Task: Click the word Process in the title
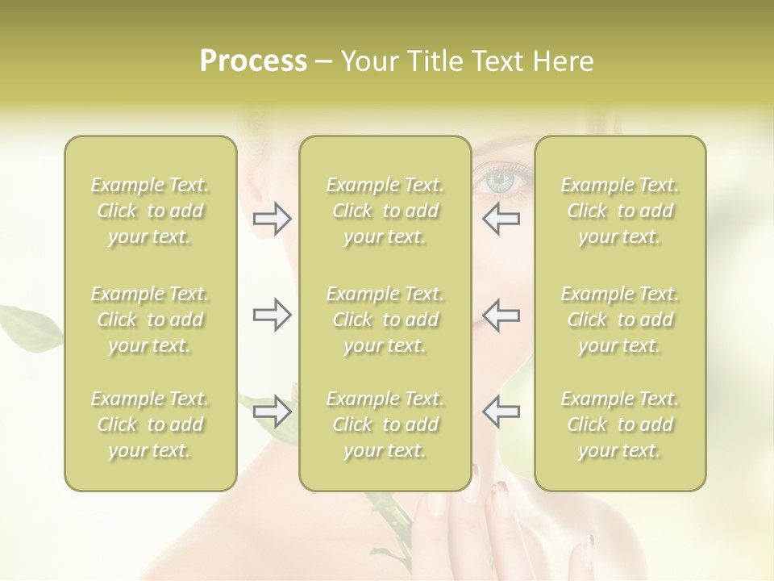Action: tap(253, 61)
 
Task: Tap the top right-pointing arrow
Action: tap(273, 218)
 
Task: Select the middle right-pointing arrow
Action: tap(273, 315)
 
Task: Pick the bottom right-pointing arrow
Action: tap(273, 412)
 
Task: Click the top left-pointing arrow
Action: tap(501, 218)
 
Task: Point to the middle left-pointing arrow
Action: tap(501, 315)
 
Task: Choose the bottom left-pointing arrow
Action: tap(501, 412)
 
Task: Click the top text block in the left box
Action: tap(150, 211)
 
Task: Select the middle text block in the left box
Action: tap(150, 320)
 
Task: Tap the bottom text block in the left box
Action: tap(150, 424)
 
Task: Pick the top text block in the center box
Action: tap(385, 211)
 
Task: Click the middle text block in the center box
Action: tap(385, 320)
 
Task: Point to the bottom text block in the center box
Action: tap(385, 424)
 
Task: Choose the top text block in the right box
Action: tap(620, 211)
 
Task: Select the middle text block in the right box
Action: tap(620, 320)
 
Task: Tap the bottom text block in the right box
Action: tap(620, 424)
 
